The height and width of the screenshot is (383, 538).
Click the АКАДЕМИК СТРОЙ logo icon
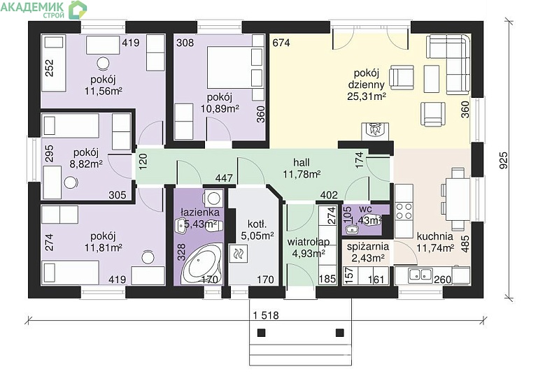[x=78, y=10]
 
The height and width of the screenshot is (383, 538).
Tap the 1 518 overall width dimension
[x=267, y=315]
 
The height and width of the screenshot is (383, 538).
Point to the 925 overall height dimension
[x=503, y=160]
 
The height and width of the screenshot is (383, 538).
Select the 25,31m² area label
[x=367, y=96]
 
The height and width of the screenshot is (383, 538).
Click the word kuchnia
[x=434, y=236]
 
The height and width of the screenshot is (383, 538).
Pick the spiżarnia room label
[x=368, y=247]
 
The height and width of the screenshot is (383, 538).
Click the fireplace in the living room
[x=376, y=131]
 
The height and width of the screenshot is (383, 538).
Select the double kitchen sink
[x=420, y=275]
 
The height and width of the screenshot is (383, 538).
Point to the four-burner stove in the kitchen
[x=404, y=211]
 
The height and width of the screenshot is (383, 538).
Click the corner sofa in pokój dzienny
[x=448, y=64]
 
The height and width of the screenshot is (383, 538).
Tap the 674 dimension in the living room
[x=281, y=43]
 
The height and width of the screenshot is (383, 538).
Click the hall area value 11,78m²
[x=302, y=175]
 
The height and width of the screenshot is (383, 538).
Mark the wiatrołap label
[x=308, y=242]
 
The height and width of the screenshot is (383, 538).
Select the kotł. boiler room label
[x=257, y=224]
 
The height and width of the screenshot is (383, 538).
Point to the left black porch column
[x=262, y=332]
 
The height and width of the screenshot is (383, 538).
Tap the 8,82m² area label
[x=86, y=164]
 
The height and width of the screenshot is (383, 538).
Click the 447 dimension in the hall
[x=224, y=178]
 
